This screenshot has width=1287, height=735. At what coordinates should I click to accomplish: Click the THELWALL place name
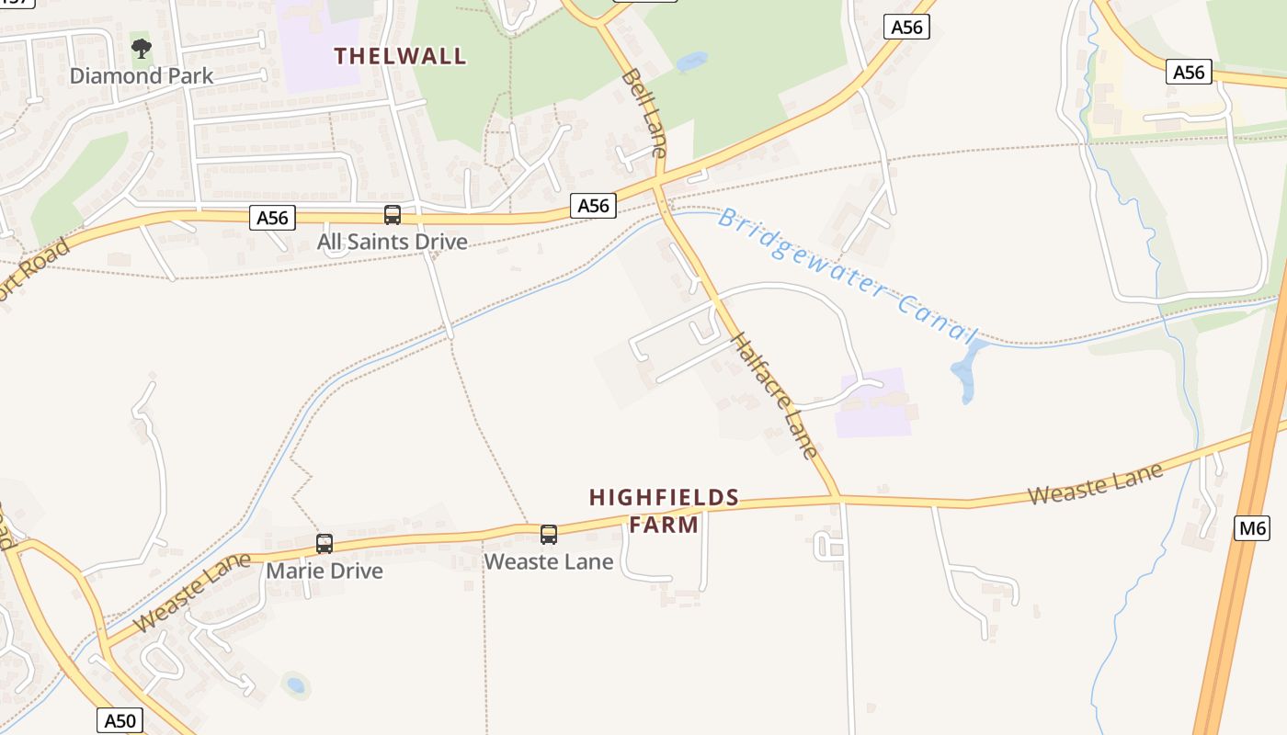pyautogui.click(x=400, y=56)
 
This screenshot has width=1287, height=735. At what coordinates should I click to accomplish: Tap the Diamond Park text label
pyautogui.click(x=142, y=76)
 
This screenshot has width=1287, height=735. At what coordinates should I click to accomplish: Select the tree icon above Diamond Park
pyautogui.click(x=141, y=48)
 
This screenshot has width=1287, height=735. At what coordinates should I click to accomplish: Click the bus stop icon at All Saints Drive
pyautogui.click(x=393, y=215)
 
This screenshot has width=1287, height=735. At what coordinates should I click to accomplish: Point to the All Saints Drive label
pyautogui.click(x=393, y=242)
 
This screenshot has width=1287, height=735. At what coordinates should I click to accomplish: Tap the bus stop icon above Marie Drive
pyautogui.click(x=325, y=543)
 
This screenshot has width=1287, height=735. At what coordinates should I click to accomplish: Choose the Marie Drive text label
pyautogui.click(x=325, y=571)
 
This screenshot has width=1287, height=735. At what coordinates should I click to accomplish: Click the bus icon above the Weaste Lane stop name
pyautogui.click(x=549, y=534)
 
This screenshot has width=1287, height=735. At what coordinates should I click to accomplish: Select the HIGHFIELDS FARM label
pyautogui.click(x=664, y=511)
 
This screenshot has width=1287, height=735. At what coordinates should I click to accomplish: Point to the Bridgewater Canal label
pyautogui.click(x=846, y=275)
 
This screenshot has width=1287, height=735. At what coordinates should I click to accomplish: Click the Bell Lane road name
pyautogui.click(x=643, y=112)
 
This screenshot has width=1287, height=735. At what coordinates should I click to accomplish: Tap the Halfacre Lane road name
pyautogui.click(x=773, y=394)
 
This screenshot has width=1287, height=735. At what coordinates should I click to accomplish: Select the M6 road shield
pyautogui.click(x=1252, y=527)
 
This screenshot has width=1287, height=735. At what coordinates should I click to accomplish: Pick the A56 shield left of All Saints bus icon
pyautogui.click(x=272, y=218)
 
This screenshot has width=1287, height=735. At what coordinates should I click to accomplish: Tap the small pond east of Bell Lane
pyautogui.click(x=691, y=62)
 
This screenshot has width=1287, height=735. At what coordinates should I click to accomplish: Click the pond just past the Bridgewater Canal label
pyautogui.click(x=965, y=372)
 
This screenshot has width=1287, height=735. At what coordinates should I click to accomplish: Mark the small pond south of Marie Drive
pyautogui.click(x=295, y=684)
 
